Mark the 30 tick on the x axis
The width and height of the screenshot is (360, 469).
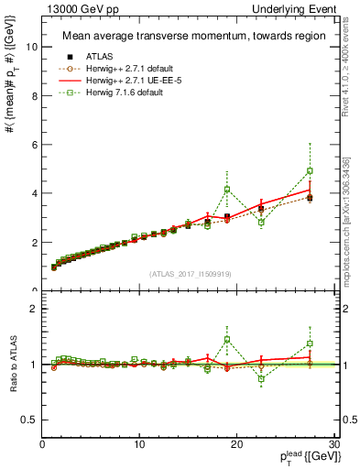[333, 444]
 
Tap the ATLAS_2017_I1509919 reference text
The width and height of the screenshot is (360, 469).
[189, 273]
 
